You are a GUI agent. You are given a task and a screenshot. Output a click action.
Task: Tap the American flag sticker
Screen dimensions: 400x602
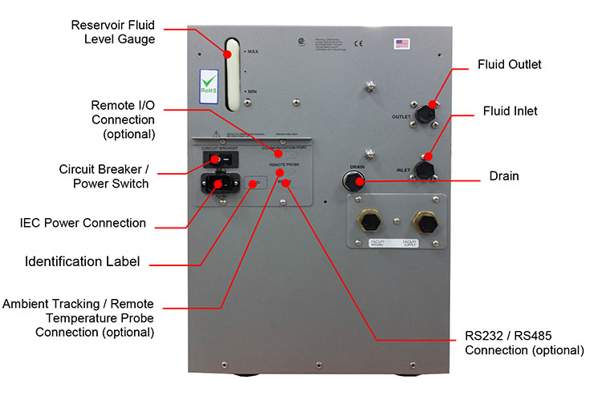[x=401, y=44]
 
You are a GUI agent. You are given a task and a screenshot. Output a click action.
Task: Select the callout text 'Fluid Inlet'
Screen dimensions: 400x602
[x=510, y=111]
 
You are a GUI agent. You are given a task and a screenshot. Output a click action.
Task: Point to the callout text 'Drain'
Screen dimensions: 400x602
[x=503, y=176]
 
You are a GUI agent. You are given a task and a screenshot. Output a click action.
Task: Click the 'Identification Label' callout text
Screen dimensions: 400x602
[x=83, y=261]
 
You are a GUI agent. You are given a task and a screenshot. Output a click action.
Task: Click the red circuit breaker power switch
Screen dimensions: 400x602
[x=214, y=160]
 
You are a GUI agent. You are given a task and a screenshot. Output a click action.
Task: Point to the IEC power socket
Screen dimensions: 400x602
[x=215, y=185]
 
